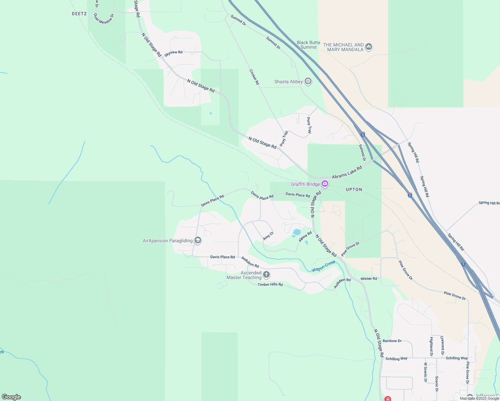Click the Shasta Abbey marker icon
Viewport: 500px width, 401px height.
pos(308,81)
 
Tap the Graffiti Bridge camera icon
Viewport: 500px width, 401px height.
pos(325,184)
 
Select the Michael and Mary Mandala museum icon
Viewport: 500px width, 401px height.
pos(369,46)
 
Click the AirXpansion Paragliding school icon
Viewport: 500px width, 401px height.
pos(198,241)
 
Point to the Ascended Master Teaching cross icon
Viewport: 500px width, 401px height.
pos(266,275)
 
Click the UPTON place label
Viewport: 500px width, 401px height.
pos(354,189)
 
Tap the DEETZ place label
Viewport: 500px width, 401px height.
pos(79,14)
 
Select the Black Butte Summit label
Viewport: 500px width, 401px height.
pos(308,45)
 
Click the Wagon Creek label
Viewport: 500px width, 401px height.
pos(323,266)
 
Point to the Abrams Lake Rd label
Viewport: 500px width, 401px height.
pos(347,172)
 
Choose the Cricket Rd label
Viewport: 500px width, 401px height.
pos(254,77)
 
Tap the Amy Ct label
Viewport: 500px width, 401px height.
pos(268,236)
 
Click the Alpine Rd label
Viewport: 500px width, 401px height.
pos(305,236)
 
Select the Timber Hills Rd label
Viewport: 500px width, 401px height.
pos(270,284)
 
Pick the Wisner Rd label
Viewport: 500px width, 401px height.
pos(368,278)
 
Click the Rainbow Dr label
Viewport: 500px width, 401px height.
pos(392,341)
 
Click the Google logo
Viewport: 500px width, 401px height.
pos(11,397)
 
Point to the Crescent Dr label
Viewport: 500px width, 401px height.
pos(442,345)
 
